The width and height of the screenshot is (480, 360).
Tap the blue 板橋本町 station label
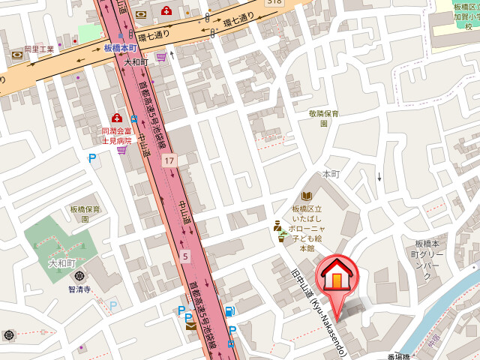(121, 48)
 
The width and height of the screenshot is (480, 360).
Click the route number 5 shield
(184, 256)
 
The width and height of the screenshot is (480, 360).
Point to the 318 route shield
(274, 3)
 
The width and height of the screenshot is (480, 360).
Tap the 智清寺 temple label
(79, 289)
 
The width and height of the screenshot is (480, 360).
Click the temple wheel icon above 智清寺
(79, 276)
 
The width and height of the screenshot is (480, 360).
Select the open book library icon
(307, 196)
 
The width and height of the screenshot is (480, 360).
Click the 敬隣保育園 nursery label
(324, 118)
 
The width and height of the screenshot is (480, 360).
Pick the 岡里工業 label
(39, 49)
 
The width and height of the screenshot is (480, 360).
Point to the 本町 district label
(331, 173)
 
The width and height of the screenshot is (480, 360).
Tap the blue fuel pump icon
(230, 311)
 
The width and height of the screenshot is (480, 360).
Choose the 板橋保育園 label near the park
(85, 214)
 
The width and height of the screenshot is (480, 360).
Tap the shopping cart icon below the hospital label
(121, 151)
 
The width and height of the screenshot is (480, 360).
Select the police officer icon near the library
(277, 225)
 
